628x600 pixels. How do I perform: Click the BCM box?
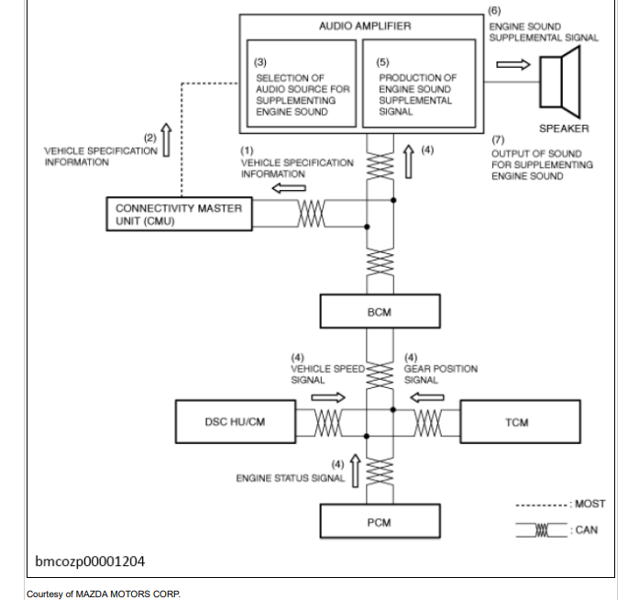[x=380, y=311]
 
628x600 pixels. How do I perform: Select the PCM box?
[x=380, y=521]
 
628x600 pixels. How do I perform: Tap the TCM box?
[x=520, y=422]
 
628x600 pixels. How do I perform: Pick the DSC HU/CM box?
[x=236, y=422]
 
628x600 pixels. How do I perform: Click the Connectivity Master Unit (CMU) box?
[x=179, y=214]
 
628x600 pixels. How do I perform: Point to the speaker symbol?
[x=560, y=83]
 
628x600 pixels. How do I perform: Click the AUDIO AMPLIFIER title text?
[x=365, y=26]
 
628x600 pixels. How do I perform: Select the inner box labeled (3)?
[x=302, y=83]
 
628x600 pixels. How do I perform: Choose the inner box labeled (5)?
[x=419, y=83]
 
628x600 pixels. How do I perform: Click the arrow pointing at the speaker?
[x=513, y=64]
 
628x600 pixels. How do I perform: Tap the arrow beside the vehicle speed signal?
[x=328, y=397]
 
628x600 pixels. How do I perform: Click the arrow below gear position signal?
[x=427, y=397]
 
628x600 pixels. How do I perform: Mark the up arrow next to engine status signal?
[x=355, y=471]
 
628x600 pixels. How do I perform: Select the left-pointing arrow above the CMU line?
[x=289, y=187]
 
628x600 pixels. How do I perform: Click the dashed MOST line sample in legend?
[x=542, y=505]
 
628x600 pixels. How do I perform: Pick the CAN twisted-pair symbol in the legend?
[x=542, y=530]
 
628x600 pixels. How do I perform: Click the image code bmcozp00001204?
[x=90, y=561]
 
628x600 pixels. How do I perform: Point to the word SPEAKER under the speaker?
[x=564, y=128]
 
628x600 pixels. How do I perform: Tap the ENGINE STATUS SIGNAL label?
[x=291, y=478]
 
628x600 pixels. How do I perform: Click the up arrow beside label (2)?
[x=166, y=139]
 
